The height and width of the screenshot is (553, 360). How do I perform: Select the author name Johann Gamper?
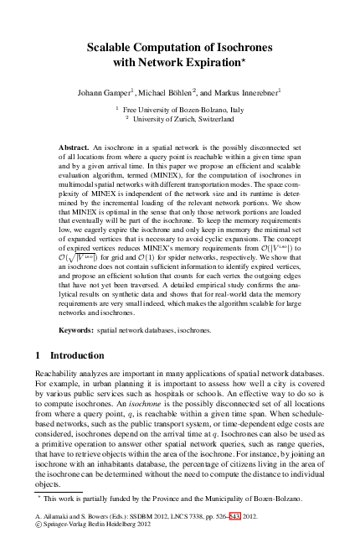point(105,90)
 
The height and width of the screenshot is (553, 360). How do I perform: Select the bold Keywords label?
point(77,330)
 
